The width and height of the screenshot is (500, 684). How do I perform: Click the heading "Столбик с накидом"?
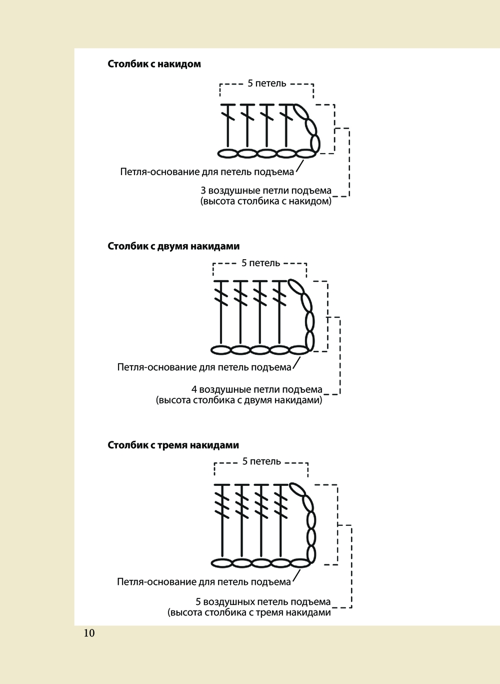coord(154,64)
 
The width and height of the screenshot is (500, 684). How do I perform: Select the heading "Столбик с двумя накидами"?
coord(173,246)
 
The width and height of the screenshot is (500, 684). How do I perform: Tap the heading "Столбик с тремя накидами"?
coord(173,445)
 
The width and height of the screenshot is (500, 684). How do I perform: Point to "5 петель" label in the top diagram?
coord(266,84)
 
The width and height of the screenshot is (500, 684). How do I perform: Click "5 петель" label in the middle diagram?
coord(260,263)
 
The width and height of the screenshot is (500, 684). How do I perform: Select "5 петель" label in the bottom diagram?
coord(261,461)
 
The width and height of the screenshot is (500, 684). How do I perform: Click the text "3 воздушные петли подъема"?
coord(265,191)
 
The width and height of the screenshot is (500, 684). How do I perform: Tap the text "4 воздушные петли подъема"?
coord(256,390)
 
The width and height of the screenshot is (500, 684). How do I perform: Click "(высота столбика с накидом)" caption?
coord(265,202)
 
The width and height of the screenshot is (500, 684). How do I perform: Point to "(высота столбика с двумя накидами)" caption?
coord(239,400)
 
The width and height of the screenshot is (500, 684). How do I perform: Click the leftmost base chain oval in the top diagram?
coord(227,153)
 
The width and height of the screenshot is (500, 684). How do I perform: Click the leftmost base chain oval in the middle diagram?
coord(221,350)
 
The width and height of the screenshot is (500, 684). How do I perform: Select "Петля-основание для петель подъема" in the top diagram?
coord(207,172)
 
